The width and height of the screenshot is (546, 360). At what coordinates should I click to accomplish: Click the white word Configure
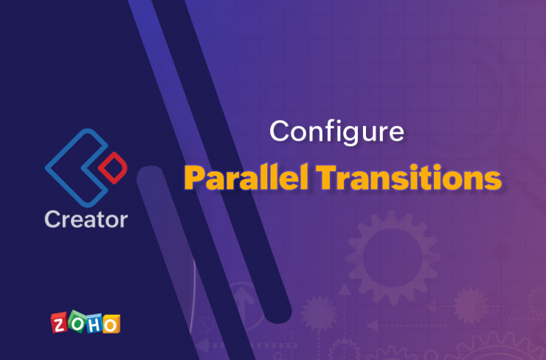[336, 132]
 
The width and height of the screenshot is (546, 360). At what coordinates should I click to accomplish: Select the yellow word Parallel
[246, 178]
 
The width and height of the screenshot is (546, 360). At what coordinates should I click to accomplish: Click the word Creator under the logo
[86, 219]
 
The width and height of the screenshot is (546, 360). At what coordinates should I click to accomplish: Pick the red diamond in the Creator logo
[113, 167]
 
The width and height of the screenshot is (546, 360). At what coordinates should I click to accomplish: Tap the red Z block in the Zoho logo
[60, 323]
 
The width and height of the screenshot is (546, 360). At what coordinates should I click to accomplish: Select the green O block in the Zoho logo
[77, 322]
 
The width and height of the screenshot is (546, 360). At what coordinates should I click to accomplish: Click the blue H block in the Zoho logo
[94, 323]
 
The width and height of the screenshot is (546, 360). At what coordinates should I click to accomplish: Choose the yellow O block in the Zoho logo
[111, 325]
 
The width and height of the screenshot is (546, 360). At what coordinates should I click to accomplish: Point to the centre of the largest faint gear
[393, 258]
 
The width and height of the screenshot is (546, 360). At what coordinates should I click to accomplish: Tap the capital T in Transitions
[328, 177]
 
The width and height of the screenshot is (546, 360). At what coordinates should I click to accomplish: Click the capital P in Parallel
[195, 178]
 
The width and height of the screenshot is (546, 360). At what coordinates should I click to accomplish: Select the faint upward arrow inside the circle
[243, 305]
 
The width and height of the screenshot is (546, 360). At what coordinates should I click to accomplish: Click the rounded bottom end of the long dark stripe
[278, 314]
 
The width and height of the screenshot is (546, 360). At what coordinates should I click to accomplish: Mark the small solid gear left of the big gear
[319, 314]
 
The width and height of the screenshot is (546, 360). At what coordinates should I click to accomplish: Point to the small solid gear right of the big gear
[471, 306]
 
